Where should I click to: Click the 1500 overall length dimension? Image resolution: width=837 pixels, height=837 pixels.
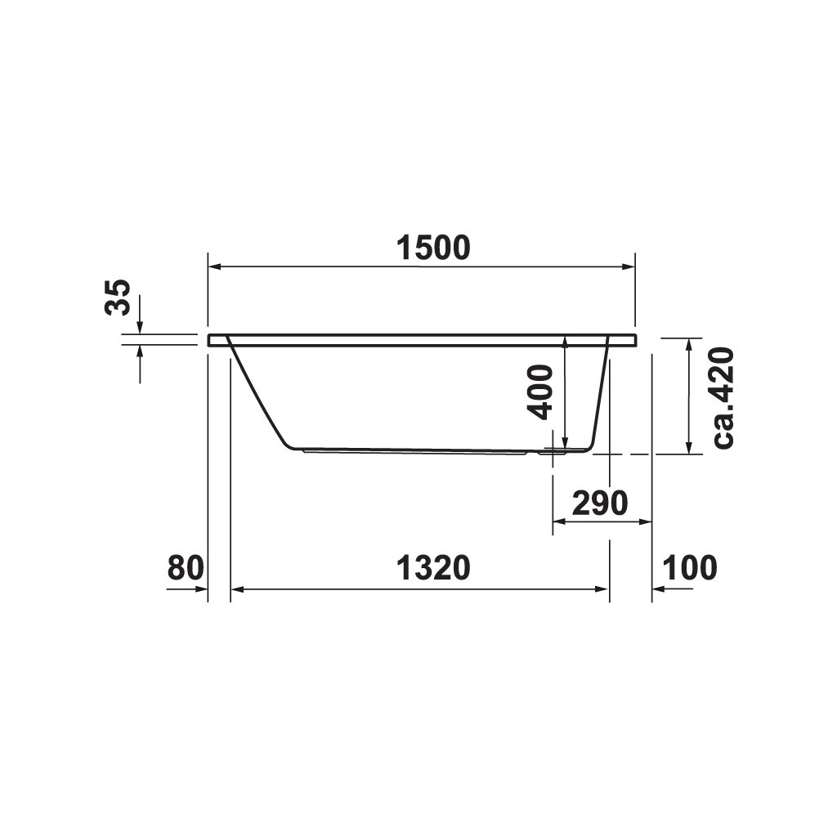pos(433,247)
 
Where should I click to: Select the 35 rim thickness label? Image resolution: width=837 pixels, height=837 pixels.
pos(119,297)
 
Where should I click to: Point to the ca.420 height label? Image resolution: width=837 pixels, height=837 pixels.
pos(723,397)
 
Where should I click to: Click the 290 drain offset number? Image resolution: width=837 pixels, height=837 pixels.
pos(599,504)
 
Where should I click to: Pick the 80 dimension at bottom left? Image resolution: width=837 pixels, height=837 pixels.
pos(185,567)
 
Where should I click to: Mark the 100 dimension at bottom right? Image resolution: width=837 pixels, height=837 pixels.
pos(689,567)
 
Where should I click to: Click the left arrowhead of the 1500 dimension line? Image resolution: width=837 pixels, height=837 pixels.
pos(214,266)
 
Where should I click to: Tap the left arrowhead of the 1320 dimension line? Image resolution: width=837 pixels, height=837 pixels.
pos(238,589)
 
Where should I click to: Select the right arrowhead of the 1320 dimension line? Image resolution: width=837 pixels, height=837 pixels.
pos(602,589)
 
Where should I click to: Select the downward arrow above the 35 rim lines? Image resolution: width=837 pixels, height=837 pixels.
pos(140,326)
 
